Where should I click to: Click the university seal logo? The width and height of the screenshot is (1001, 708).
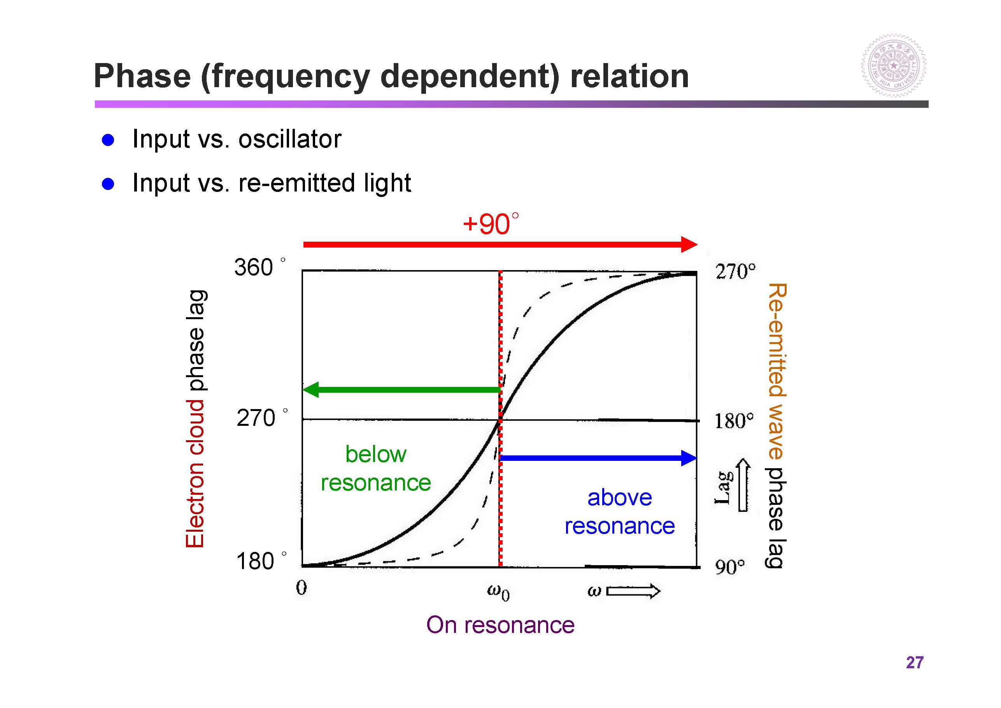(894, 66)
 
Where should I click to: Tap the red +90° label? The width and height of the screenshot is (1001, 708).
(491, 224)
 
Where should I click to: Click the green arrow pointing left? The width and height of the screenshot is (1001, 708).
(401, 390)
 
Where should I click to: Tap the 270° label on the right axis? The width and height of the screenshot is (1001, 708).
(735, 271)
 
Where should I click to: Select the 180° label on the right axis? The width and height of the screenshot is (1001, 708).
(734, 421)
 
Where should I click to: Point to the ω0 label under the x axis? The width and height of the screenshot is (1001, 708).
(498, 592)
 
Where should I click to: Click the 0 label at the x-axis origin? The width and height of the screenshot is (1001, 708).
(301, 588)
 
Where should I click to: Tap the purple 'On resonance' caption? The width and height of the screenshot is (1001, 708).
(500, 625)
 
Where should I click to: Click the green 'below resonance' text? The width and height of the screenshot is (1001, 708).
(375, 469)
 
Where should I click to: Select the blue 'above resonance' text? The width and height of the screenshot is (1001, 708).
(619, 512)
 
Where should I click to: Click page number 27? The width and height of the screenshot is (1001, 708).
(914, 662)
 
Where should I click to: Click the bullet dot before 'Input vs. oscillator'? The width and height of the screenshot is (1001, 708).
(108, 140)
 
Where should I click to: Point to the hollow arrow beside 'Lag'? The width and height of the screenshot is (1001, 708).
(743, 485)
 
